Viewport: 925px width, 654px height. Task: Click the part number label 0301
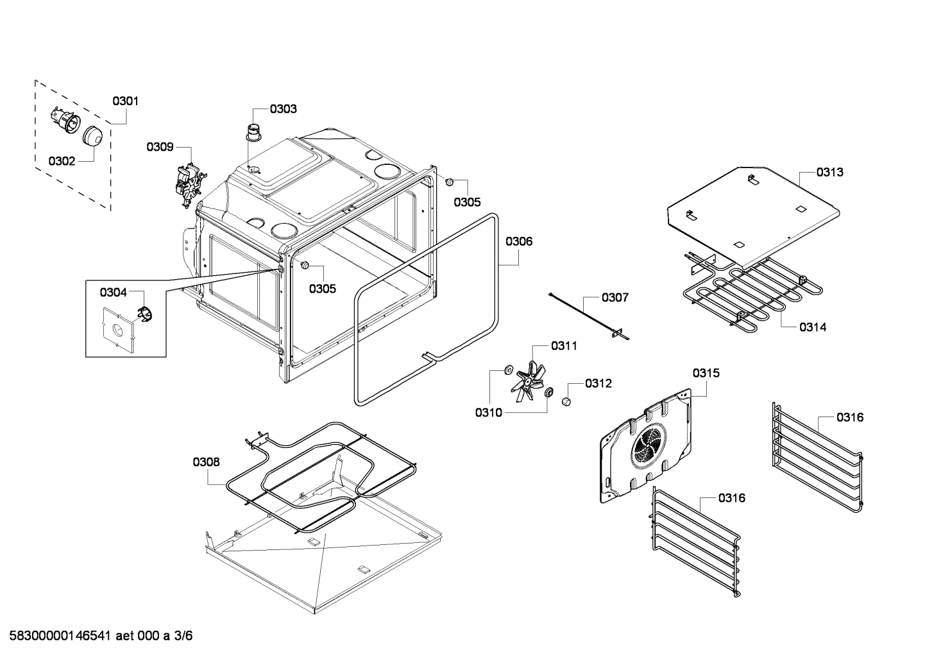(x=126, y=101)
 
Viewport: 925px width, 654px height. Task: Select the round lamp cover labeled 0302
(x=94, y=136)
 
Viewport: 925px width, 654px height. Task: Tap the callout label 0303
(x=283, y=108)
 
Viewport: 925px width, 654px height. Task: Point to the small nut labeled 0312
(x=566, y=402)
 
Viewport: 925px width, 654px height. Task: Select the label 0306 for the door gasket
(x=519, y=241)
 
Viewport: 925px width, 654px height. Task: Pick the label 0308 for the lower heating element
(x=206, y=461)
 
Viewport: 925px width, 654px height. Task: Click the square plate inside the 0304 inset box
(x=118, y=331)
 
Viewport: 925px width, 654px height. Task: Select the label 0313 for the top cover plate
(x=829, y=172)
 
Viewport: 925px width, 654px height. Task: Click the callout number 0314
(x=813, y=327)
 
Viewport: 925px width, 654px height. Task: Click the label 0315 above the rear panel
(x=706, y=373)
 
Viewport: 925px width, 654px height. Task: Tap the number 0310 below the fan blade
(x=489, y=413)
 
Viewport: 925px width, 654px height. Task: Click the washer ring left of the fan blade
(x=508, y=369)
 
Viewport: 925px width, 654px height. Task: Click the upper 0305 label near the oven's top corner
(x=467, y=202)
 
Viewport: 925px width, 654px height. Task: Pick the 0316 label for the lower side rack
(x=732, y=497)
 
